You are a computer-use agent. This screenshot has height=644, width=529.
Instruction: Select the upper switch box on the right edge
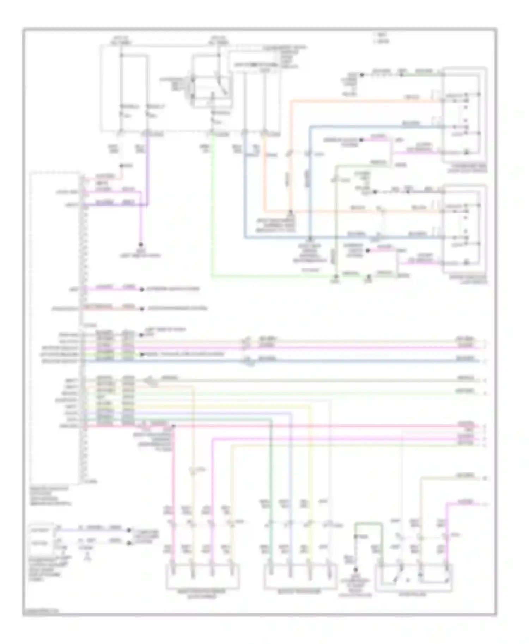(x=464, y=114)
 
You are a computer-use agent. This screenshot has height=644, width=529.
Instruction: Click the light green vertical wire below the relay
(x=212, y=211)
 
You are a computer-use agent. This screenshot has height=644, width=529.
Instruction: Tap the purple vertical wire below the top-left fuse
(x=147, y=166)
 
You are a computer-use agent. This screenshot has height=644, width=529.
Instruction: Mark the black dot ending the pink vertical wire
(x=141, y=244)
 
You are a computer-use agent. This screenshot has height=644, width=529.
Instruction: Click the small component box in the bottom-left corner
(x=42, y=538)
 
